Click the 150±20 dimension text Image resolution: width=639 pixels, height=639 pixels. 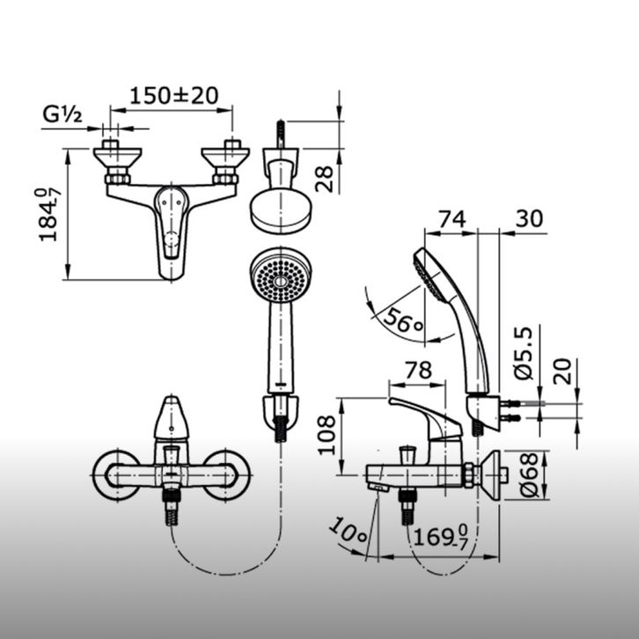174,96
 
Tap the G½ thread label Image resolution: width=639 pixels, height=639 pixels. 62,114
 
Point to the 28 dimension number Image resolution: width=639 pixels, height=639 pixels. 325,179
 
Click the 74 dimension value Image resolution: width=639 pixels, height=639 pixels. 452,219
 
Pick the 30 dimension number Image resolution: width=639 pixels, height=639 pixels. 529,218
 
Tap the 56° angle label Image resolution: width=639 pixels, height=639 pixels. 403,320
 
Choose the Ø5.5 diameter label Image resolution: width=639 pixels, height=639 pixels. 524,353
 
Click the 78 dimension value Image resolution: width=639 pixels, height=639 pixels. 418,371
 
